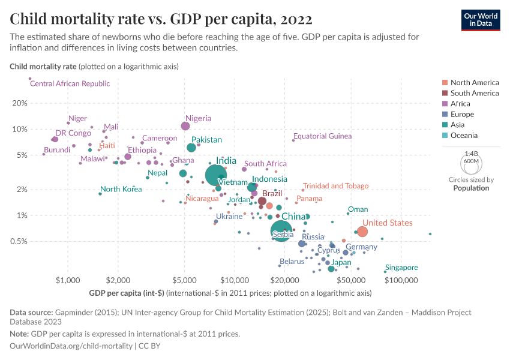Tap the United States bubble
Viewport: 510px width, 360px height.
coord(362,232)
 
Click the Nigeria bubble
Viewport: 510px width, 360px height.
coord(185,126)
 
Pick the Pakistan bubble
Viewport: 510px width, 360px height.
coord(191,148)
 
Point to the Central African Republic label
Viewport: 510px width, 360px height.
coord(70,83)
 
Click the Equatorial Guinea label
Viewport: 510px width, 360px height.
coord(323,136)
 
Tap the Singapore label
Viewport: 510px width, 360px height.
coord(401,268)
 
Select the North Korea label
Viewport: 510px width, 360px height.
coord(121,189)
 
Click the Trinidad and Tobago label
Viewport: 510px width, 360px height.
coord(335,186)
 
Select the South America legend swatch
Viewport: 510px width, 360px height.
coord(444,93)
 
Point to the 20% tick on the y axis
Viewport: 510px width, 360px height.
coord(20,103)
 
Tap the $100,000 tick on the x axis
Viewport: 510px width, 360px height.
coord(401,281)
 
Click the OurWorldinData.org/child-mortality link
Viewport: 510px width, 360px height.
coord(71,346)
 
